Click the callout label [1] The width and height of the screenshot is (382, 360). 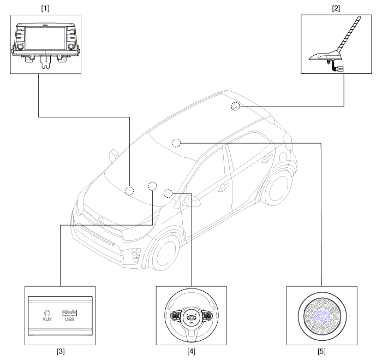tap(45, 9)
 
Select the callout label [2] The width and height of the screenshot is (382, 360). tap(336, 9)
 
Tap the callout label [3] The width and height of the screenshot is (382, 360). tap(61, 351)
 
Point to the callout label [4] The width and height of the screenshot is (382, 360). tap(191, 351)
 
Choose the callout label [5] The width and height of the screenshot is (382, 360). tap(321, 351)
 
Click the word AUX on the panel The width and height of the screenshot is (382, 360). tap(47, 319)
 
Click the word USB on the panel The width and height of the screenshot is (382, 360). tap(70, 319)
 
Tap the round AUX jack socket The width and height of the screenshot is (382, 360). tap(47, 313)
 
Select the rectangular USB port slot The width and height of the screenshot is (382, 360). tap(70, 312)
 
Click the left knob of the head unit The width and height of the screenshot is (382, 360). tap(20, 46)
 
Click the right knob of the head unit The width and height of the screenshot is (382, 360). tap(71, 46)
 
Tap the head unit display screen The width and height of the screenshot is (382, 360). tap(46, 38)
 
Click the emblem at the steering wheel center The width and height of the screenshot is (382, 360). tap(191, 317)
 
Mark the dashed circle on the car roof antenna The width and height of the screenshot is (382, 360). tap(235, 106)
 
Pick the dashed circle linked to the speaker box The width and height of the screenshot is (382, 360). tap(176, 143)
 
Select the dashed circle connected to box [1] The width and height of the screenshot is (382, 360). tap(129, 191)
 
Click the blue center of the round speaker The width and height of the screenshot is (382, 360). tap(322, 316)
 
